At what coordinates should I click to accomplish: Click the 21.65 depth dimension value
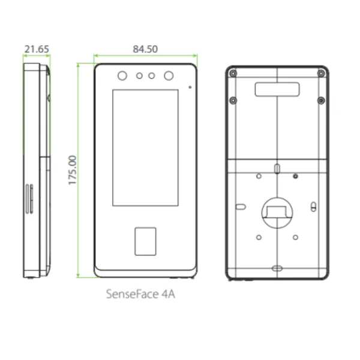click(x=37, y=49)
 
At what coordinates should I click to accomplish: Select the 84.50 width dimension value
click(x=145, y=49)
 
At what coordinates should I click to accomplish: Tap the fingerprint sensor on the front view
click(x=145, y=241)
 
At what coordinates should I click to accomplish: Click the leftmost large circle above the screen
click(x=122, y=76)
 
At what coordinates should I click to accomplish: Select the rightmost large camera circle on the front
click(x=169, y=76)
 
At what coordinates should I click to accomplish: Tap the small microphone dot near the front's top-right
click(x=190, y=88)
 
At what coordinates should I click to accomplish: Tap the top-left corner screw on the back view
click(x=233, y=73)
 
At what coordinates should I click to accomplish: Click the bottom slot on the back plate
click(x=277, y=268)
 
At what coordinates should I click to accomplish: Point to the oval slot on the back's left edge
click(x=240, y=207)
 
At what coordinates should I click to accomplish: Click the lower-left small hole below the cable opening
click(x=259, y=237)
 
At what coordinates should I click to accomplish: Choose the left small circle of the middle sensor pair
click(x=139, y=76)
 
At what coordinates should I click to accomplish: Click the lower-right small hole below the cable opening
click(x=295, y=237)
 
